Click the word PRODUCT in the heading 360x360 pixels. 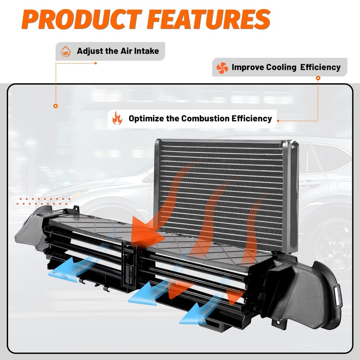pyautogui.click(x=82, y=19)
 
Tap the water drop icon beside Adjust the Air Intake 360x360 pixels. pyautogui.click(x=66, y=51)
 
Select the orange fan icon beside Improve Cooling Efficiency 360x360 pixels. pyautogui.click(x=222, y=68)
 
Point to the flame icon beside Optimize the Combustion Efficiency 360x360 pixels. pyautogui.click(x=117, y=118)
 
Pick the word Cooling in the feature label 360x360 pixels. pyautogui.click(x=281, y=67)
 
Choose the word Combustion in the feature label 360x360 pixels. pyautogui.click(x=205, y=118)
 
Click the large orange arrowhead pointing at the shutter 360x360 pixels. pyautogui.click(x=148, y=232)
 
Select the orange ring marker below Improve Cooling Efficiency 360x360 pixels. pyautogui.click(x=318, y=78)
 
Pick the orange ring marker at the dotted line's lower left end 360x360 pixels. pyautogui.click(x=55, y=106)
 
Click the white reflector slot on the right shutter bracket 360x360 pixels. pyautogui.click(x=337, y=296)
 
